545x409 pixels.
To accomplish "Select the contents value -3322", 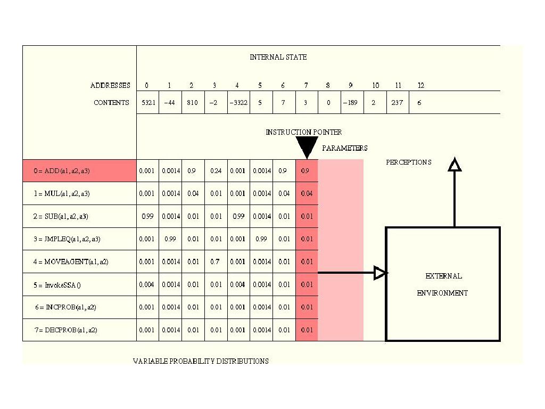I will click(237, 103).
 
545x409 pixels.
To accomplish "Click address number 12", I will click(421, 85).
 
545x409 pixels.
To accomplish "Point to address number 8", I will click(328, 85).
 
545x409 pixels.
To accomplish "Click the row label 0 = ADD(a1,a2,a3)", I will click(61, 171).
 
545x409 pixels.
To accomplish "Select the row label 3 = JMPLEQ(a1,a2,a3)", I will click(67, 239).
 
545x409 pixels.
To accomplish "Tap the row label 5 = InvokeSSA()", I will click(57, 285).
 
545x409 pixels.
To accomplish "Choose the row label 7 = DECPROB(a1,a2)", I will click(66, 330).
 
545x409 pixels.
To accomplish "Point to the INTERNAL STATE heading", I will click(278, 57).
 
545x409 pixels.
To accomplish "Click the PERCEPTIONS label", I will click(409, 162).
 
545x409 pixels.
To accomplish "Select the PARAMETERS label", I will click(344, 148).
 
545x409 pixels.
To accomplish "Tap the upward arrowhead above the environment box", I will click(454, 165).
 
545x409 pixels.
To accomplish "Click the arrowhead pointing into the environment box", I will click(380, 273).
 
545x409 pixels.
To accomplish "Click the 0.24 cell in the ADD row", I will click(216, 171).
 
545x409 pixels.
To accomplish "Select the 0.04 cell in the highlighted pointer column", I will click(307, 194).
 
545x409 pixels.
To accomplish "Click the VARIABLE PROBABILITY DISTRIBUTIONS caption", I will click(201, 361).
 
